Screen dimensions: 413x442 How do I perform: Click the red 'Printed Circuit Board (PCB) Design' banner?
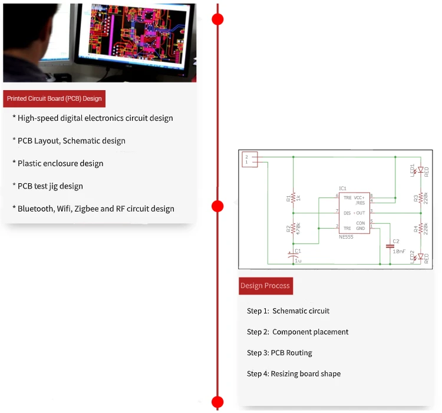[x=54, y=98]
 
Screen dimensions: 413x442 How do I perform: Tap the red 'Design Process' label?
[x=265, y=286]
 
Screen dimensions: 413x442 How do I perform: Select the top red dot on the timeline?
[x=217, y=19]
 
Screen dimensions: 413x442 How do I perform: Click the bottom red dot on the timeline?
[x=217, y=402]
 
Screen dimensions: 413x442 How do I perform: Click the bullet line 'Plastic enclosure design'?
[x=60, y=163]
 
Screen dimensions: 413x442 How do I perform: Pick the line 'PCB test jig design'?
[x=50, y=186]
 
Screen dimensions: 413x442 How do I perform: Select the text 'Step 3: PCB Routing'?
[x=279, y=353]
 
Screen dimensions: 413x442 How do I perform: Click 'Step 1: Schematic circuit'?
[x=288, y=311]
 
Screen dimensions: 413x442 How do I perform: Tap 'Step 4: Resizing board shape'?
[x=293, y=374]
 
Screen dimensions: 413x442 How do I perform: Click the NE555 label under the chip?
[x=347, y=237]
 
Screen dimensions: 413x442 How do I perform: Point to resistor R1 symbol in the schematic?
[x=293, y=198]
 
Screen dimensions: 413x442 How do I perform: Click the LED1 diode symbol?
[x=420, y=170]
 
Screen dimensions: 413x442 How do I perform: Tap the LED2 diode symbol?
[x=420, y=256]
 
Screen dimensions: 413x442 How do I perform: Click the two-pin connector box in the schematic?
[x=250, y=159]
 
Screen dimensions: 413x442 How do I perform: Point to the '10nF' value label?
[x=399, y=252]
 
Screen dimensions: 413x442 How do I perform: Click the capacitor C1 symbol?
[x=293, y=255]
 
